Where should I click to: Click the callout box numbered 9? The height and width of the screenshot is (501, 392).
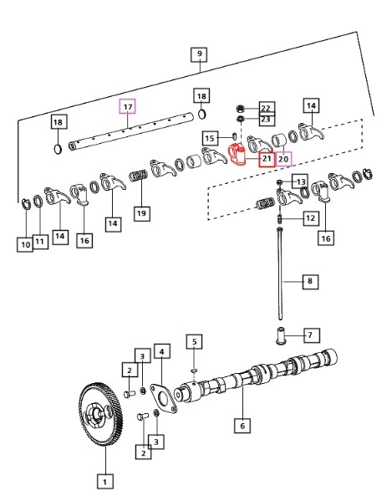coord(199,54)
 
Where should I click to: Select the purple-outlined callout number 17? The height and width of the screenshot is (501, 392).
coord(128,106)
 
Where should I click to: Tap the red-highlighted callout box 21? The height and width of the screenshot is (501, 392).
coord(267,158)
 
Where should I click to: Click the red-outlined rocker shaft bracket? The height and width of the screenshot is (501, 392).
coord(237,155)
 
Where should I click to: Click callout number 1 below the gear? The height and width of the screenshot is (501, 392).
coord(104,481)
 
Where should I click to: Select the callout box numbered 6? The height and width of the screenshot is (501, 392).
coord(242,425)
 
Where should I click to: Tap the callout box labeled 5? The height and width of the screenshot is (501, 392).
coord(195,341)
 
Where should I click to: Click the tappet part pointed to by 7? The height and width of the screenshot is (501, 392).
coord(280,335)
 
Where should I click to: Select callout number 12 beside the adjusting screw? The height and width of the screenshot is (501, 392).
coord(311,218)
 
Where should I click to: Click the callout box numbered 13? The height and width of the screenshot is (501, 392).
coord(300,181)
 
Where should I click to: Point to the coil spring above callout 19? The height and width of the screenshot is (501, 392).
coord(139,176)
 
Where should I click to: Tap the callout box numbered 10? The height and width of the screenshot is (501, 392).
coord(25,244)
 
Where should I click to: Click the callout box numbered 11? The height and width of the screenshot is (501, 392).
coord(40,241)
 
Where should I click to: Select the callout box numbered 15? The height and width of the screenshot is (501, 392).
coord(210,138)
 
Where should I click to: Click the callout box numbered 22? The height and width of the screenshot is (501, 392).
coord(267,108)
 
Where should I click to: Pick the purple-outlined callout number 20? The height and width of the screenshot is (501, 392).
coord(283,158)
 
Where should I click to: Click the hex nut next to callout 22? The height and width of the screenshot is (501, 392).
coord(241,109)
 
